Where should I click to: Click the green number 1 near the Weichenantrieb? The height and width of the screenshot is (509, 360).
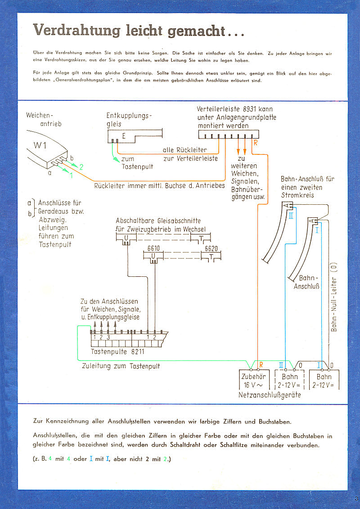point(71,176)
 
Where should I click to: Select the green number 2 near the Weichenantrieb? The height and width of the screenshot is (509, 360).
point(81,167)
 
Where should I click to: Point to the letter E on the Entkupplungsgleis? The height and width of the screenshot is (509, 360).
point(124,136)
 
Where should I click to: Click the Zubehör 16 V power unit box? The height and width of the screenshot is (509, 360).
point(253,380)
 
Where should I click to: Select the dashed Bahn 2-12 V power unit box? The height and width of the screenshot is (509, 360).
point(290,380)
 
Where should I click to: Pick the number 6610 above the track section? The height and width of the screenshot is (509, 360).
point(154,248)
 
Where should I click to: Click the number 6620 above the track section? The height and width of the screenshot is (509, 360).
point(211,248)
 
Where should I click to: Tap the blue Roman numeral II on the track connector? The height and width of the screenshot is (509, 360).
point(291,216)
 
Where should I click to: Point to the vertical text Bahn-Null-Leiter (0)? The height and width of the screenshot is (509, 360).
point(334,297)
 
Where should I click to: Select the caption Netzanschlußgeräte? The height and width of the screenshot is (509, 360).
point(270,395)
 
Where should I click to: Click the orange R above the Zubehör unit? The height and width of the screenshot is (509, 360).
point(261,364)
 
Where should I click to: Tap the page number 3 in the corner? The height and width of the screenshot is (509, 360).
point(356,498)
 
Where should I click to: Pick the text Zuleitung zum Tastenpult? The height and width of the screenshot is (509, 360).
point(121,366)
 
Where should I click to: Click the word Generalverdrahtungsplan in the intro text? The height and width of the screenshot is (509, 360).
point(98,81)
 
